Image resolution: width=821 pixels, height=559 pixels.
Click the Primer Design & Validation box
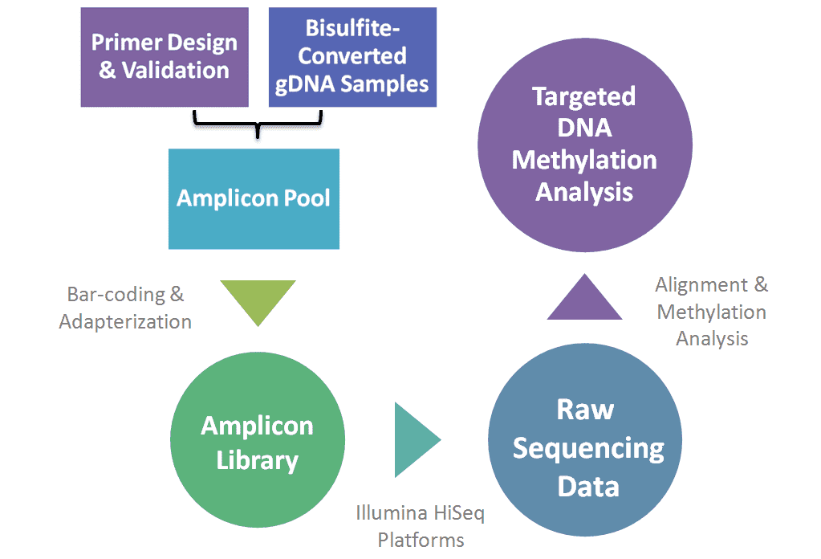(165, 56)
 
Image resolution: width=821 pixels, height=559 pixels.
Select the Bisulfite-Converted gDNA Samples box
(352, 56)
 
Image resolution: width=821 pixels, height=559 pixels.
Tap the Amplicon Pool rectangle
(254, 198)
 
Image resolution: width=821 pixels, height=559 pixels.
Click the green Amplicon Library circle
(258, 443)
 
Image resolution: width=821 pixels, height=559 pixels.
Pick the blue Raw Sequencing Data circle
(585, 446)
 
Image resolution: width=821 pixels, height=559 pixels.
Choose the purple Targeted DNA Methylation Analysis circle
(585, 144)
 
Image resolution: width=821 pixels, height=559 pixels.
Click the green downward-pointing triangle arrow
(258, 300)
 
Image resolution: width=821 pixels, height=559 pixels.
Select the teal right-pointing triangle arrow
(415, 439)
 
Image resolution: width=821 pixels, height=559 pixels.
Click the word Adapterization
(125, 322)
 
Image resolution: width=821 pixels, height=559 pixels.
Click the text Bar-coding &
(125, 294)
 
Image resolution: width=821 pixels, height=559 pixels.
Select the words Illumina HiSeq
(421, 512)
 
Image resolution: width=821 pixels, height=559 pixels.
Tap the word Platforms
(421, 540)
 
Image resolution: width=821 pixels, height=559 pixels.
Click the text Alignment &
(711, 284)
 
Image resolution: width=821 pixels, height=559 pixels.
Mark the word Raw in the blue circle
(585, 410)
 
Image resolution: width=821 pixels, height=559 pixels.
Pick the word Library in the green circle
(258, 461)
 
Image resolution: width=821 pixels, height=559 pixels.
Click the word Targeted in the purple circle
(584, 96)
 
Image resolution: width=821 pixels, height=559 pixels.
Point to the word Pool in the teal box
(305, 198)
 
